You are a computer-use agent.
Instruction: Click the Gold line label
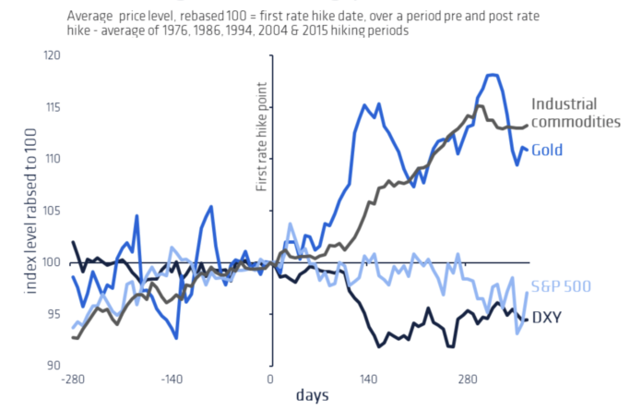(547, 150)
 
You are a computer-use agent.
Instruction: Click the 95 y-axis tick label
(52, 314)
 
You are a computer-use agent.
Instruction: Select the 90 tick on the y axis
(52, 366)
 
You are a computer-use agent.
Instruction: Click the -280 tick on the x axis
(74, 380)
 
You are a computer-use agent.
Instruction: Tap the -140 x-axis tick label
(172, 380)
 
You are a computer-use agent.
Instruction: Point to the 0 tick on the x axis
(271, 380)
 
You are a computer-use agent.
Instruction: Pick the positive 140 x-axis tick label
(370, 380)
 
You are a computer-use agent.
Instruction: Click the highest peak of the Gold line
(493, 74)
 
